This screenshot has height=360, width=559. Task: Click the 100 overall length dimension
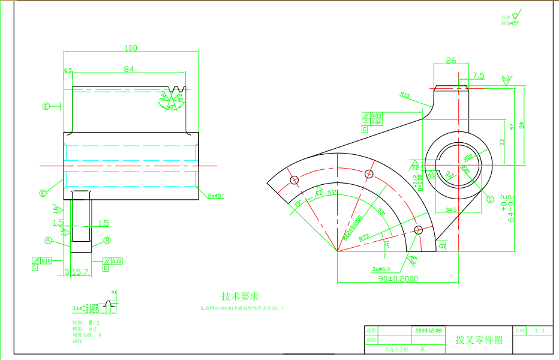131,48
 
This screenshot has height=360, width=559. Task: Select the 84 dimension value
129,69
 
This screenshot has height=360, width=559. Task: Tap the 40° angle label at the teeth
170,107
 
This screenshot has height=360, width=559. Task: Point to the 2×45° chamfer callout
216,196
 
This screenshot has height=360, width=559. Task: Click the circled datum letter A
49,240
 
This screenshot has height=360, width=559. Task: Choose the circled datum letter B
108,240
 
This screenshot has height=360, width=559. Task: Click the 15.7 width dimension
80,272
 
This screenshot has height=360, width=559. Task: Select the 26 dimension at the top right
451,60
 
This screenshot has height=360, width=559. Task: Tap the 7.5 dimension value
479,76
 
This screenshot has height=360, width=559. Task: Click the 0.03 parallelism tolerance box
376,115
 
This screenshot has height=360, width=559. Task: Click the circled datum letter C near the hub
490,199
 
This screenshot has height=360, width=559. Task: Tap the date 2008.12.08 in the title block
428,331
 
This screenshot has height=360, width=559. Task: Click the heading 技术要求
240,296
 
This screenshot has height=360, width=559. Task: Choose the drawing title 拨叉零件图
479,340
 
